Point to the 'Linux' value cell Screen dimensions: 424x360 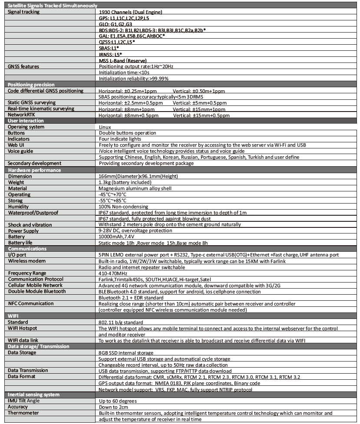(105, 127)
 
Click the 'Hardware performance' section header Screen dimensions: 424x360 (34, 170)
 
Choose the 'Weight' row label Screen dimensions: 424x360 (17, 182)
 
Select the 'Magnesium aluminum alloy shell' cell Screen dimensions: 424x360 (135, 188)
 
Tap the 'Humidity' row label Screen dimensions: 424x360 (19, 207)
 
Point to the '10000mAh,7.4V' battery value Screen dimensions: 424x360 (116, 237)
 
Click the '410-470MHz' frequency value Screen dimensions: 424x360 (113, 273)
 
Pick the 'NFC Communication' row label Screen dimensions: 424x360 (30, 303)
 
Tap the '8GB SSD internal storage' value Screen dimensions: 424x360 (126, 353)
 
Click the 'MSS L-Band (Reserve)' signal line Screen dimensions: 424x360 (123, 61)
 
